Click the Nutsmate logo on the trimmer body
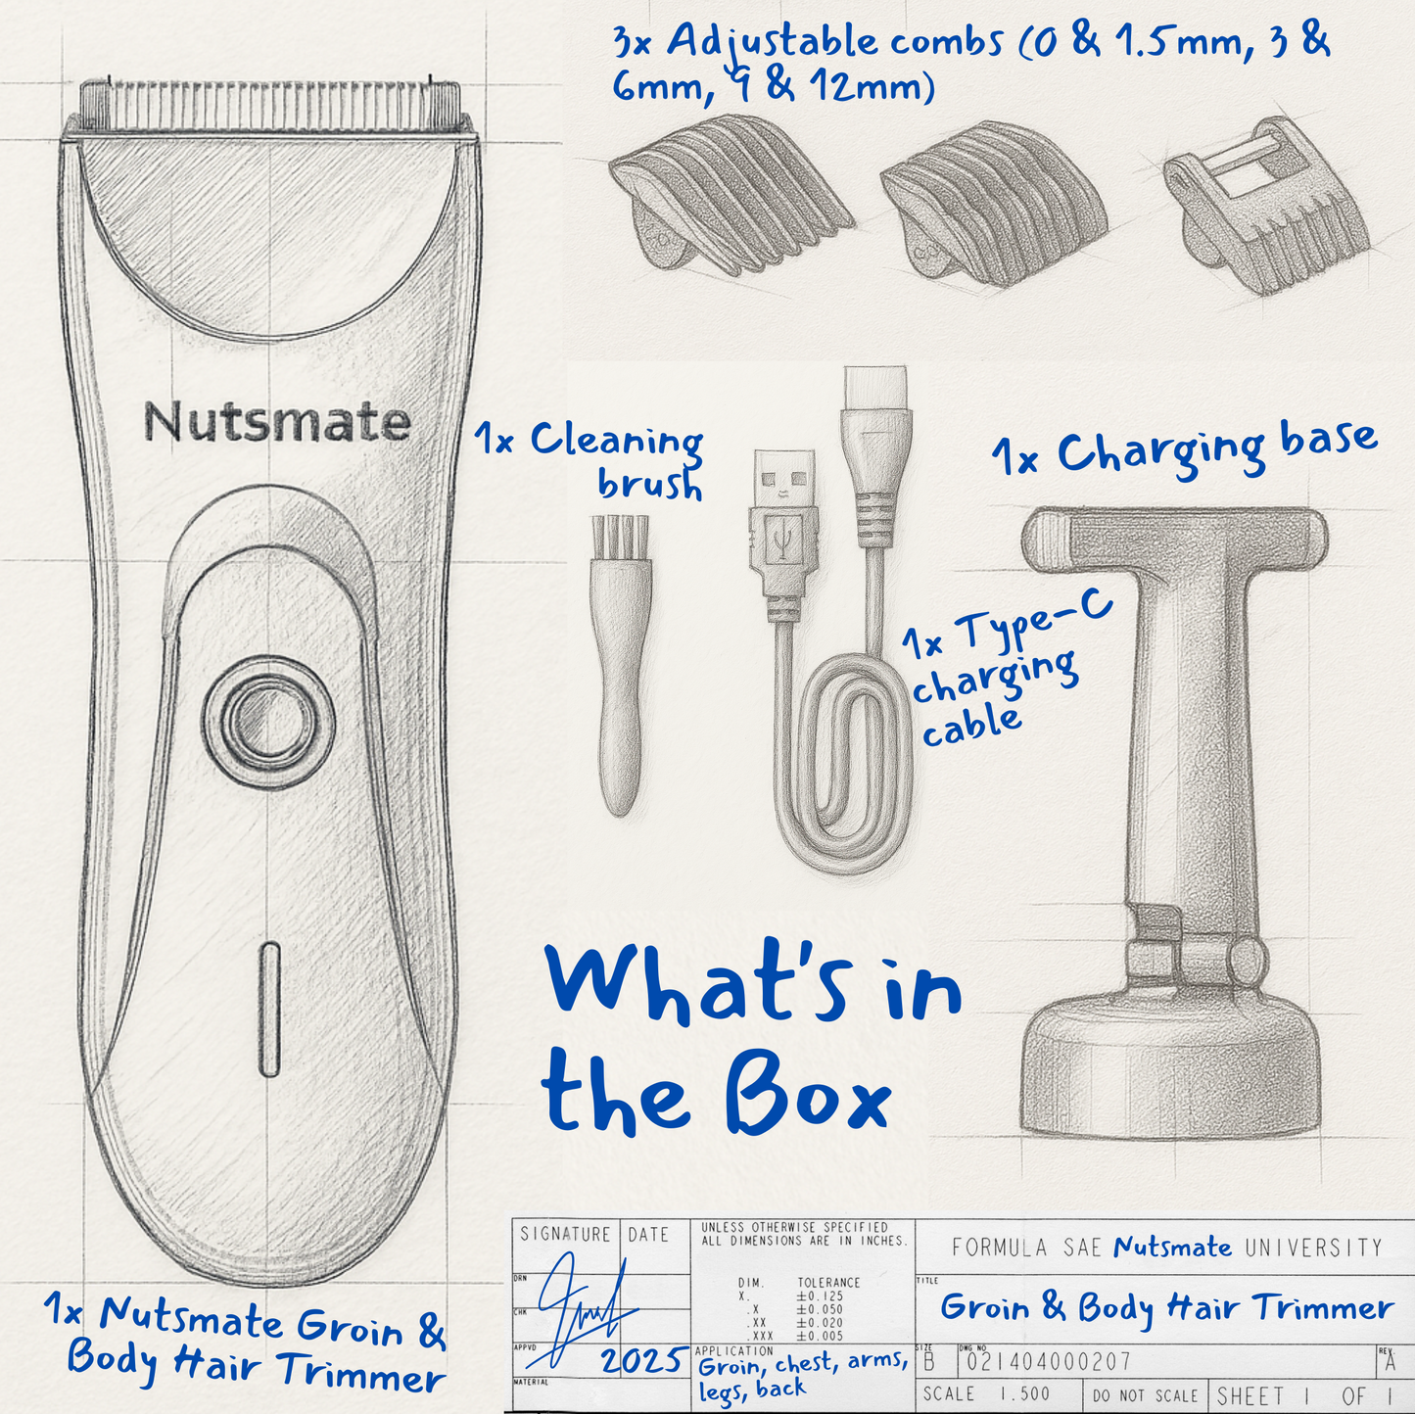pyautogui.click(x=276, y=422)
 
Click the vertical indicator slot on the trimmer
pyautogui.click(x=270, y=1009)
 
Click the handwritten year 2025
pyautogui.click(x=642, y=1361)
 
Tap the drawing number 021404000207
pyautogui.click(x=1050, y=1362)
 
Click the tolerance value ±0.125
pyautogui.click(x=822, y=1296)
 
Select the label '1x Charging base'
pyautogui.click(x=1185, y=449)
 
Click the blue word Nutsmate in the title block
pyautogui.click(x=1172, y=1247)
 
